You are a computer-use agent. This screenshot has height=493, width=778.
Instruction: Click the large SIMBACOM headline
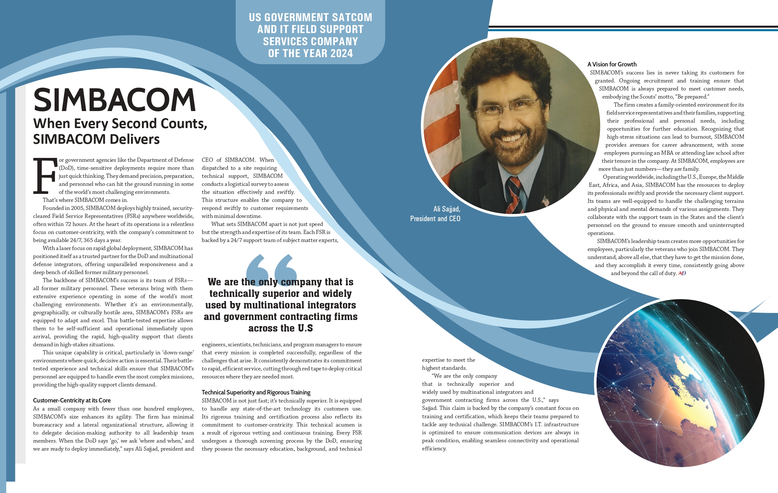[114, 100]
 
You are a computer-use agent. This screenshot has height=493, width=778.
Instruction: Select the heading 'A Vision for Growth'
[612, 64]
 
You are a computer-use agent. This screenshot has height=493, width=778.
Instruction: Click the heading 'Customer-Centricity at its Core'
[72, 400]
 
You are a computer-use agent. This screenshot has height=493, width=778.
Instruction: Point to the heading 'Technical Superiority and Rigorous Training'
[256, 392]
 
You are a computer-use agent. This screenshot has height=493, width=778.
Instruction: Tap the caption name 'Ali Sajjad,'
[446, 209]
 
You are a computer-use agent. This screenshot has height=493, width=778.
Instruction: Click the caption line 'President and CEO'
[435, 219]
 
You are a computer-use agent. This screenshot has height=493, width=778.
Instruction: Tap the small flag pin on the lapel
[545, 201]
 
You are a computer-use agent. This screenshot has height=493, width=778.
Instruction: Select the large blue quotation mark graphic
[271, 266]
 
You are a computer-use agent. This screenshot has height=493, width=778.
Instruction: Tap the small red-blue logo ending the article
[682, 273]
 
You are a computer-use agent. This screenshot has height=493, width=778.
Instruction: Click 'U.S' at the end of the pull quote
[305, 328]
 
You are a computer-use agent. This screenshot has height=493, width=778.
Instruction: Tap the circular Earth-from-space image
[680, 383]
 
